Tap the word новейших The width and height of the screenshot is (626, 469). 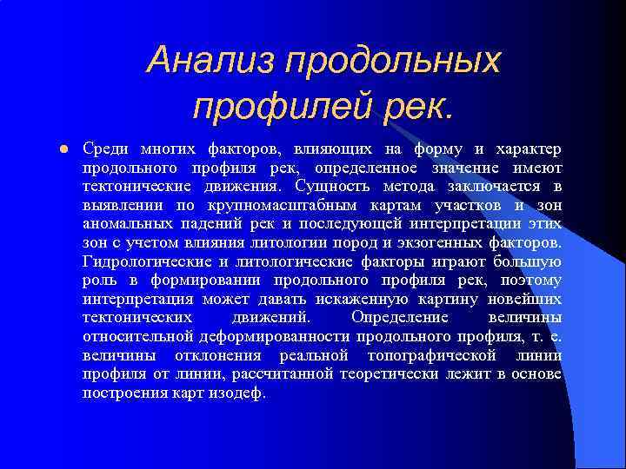coord(527,299)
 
